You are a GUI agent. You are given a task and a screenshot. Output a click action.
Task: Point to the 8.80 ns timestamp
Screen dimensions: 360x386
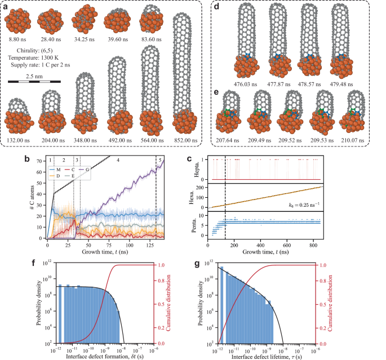point(19,39)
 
